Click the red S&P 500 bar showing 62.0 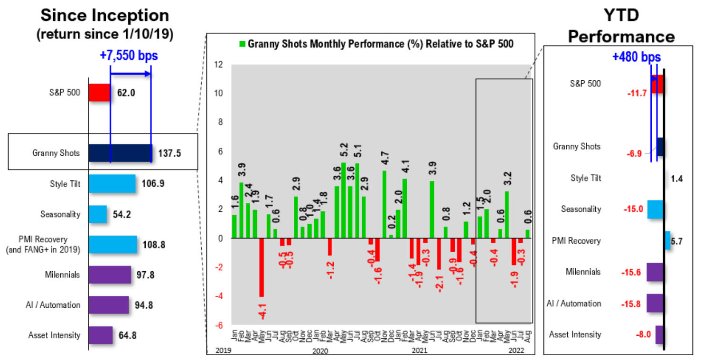point(99,93)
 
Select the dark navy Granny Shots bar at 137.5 point(120,153)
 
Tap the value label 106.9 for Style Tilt point(153,184)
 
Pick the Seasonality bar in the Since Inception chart point(98,214)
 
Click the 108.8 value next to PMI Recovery point(154,245)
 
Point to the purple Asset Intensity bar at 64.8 point(101,335)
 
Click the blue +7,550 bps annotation point(129,56)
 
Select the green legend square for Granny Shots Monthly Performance point(242,44)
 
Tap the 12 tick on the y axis point(218,65)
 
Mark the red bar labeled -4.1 point(262,267)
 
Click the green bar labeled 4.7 point(384,204)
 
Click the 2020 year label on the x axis point(320,351)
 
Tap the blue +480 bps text point(636,57)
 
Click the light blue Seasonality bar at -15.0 point(655,209)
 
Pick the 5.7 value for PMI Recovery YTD point(676,241)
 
